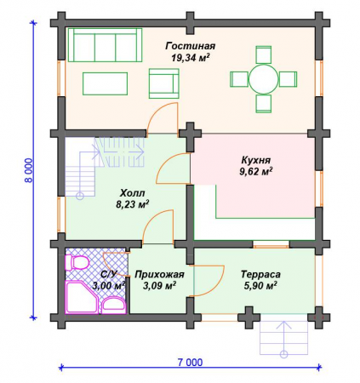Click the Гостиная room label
191,46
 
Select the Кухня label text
255,160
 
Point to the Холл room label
133,193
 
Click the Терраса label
260,274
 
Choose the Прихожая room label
159,274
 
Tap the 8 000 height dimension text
29,170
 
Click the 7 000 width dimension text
190,363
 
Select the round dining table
264,79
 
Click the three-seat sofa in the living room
105,45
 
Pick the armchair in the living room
164,83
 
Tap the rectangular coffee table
105,83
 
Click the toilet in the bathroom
77,262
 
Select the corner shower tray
82,297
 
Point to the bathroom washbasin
113,306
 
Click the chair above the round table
264,54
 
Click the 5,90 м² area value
260,286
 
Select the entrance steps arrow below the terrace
283,338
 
